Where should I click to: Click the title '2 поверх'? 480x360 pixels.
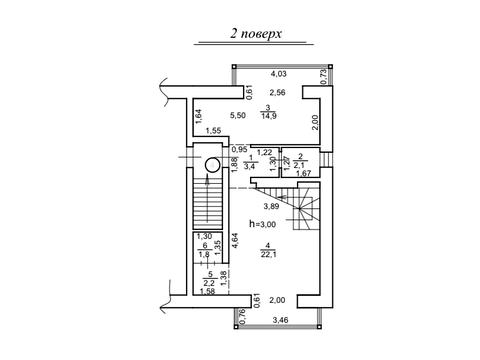[256, 34]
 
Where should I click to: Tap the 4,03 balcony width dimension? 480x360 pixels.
[278, 74]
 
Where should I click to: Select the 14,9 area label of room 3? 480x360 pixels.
[268, 116]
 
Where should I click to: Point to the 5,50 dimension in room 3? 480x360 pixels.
[238, 116]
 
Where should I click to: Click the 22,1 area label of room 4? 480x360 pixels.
[269, 255]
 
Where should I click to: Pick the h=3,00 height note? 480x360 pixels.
[263, 224]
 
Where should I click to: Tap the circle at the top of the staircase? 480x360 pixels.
[212, 165]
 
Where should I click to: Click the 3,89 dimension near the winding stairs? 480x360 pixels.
[271, 206]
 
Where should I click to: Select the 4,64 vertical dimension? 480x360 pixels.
[236, 240]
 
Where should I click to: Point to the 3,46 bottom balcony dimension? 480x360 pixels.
[280, 321]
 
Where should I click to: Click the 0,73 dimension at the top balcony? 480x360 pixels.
[323, 77]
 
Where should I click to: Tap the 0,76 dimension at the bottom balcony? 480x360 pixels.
[243, 316]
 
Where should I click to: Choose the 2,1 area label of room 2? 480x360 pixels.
[300, 165]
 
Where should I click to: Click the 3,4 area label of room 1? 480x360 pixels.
[249, 166]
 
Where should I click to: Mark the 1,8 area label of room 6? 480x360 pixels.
[204, 255]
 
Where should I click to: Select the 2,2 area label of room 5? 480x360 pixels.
[209, 284]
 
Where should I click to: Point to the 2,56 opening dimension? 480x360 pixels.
[277, 93]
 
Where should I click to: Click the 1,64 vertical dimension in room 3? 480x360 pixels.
[198, 117]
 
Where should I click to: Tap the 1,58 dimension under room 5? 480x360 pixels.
[207, 292]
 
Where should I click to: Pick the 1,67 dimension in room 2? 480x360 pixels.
[303, 173]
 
